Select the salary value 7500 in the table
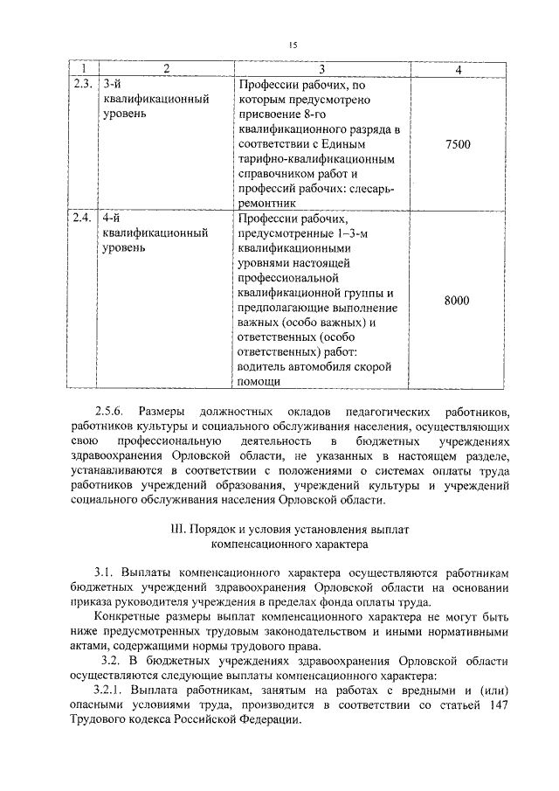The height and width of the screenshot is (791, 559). (x=457, y=144)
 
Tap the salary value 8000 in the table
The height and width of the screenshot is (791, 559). (x=457, y=301)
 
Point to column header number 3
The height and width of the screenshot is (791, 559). (x=321, y=69)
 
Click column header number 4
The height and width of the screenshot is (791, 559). (x=458, y=69)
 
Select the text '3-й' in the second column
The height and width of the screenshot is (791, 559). (x=110, y=84)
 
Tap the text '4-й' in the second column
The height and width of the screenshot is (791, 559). (x=110, y=218)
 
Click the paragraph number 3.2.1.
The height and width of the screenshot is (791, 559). (x=111, y=690)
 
